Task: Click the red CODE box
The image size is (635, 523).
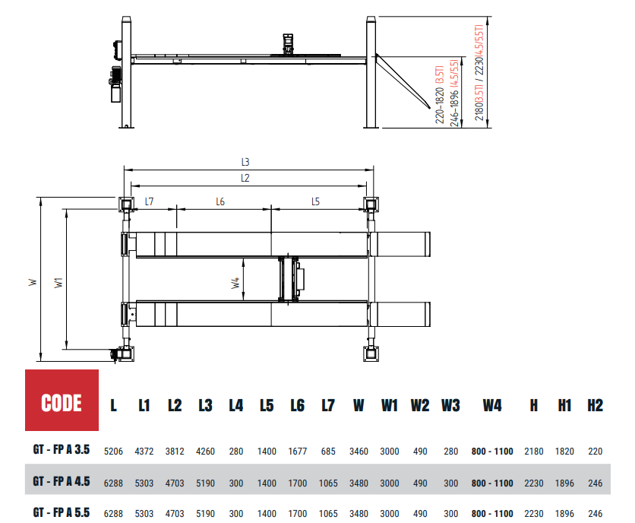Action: [62, 400]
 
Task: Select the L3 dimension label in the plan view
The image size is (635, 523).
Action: [245, 162]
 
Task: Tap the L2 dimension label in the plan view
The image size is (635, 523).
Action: [245, 178]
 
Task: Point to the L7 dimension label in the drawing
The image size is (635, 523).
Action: [149, 201]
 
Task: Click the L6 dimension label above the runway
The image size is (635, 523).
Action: [220, 201]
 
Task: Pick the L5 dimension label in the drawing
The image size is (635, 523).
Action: [315, 201]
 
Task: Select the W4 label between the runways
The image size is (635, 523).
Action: [235, 283]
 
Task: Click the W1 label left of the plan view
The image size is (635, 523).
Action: [58, 283]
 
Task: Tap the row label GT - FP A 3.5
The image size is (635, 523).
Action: [62, 449]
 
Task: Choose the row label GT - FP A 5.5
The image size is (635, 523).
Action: [62, 512]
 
